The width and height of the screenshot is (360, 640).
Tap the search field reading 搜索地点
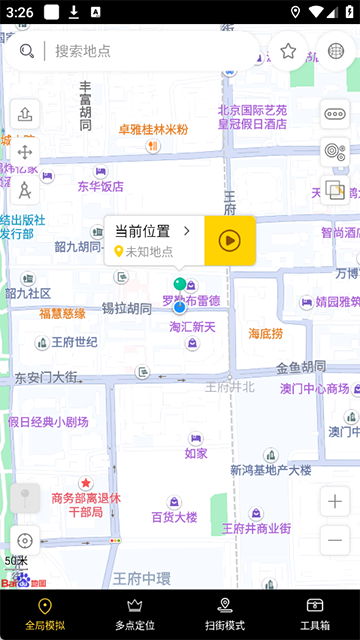tap(150, 51)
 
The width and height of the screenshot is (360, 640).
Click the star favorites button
tap(288, 51)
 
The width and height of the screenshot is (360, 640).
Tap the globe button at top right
tap(336, 51)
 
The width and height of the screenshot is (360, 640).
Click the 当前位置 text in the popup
tap(142, 231)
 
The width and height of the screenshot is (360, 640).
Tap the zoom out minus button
tap(335, 541)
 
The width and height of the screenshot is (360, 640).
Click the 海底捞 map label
tap(266, 333)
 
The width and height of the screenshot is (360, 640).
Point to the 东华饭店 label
tap(100, 186)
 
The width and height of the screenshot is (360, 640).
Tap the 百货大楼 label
tap(174, 517)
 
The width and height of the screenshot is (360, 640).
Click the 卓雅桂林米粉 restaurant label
tap(153, 130)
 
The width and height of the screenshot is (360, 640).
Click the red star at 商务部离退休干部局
tap(86, 483)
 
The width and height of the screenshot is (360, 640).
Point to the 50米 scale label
tap(17, 561)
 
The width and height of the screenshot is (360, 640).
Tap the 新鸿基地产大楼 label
tap(270, 470)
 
